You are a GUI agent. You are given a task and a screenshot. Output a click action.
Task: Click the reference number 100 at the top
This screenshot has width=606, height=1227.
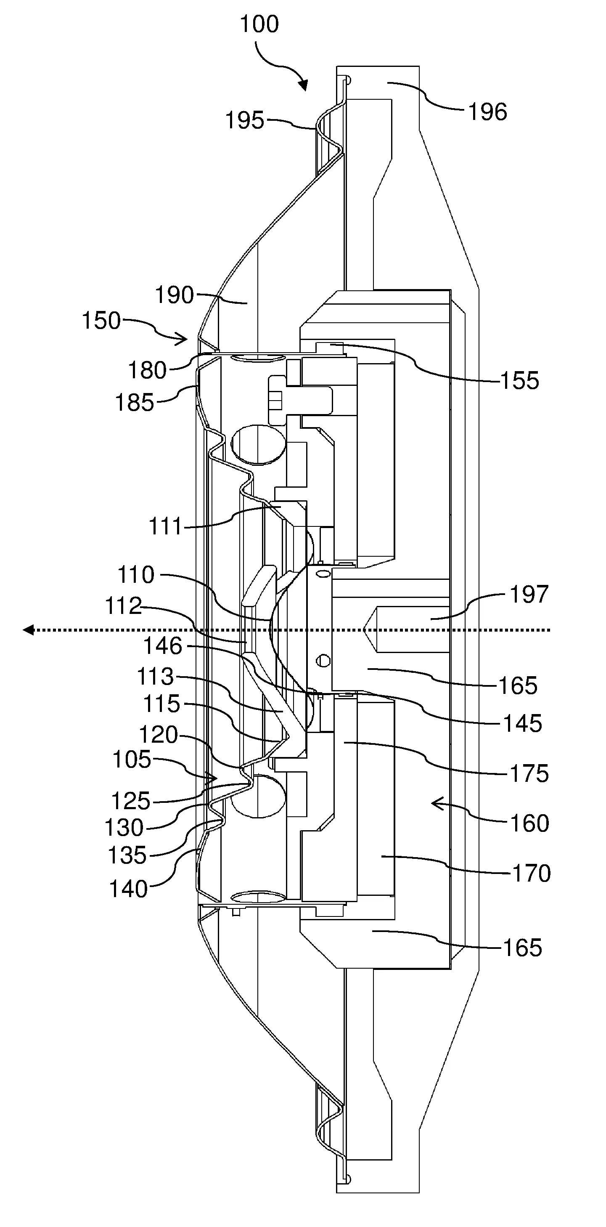tap(259, 24)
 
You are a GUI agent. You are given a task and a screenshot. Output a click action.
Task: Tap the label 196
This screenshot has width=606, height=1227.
tap(487, 112)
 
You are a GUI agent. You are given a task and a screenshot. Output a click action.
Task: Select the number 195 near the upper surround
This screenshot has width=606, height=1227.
tap(245, 120)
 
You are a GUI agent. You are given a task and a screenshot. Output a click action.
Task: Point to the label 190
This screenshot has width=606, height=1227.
tap(175, 295)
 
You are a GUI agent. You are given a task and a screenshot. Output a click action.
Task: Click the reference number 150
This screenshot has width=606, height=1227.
tap(101, 321)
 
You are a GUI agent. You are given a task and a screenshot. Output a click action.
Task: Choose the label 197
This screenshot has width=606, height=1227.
tap(529, 594)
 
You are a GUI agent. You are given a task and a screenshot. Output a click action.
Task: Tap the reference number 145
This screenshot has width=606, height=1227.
tap(522, 723)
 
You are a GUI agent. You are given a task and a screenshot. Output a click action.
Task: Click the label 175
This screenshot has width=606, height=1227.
tap(529, 773)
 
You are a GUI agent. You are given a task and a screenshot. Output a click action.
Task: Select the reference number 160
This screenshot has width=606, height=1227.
tap(529, 823)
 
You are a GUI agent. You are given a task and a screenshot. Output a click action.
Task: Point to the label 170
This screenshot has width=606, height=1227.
tap(531, 873)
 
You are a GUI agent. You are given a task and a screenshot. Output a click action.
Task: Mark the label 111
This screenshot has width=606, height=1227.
tap(166, 527)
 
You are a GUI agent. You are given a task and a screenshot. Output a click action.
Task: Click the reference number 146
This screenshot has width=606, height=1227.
tap(163, 646)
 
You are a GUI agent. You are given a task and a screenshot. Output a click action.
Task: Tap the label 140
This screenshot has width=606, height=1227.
tap(129, 889)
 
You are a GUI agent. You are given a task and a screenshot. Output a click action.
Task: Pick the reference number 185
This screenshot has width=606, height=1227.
tap(135, 403)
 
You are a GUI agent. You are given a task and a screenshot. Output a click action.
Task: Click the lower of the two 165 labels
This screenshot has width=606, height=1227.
tap(522, 948)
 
